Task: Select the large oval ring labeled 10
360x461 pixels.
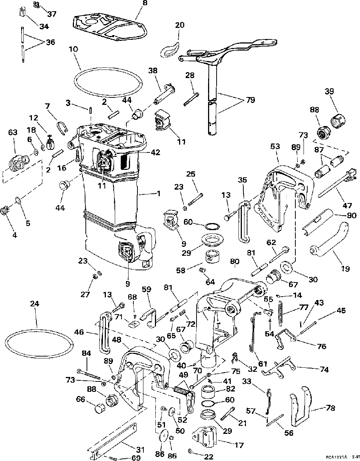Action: point(108,69)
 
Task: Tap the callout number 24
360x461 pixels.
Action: point(35,304)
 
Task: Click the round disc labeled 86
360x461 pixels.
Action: point(162,436)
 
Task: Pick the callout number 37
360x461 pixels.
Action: point(52,14)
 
